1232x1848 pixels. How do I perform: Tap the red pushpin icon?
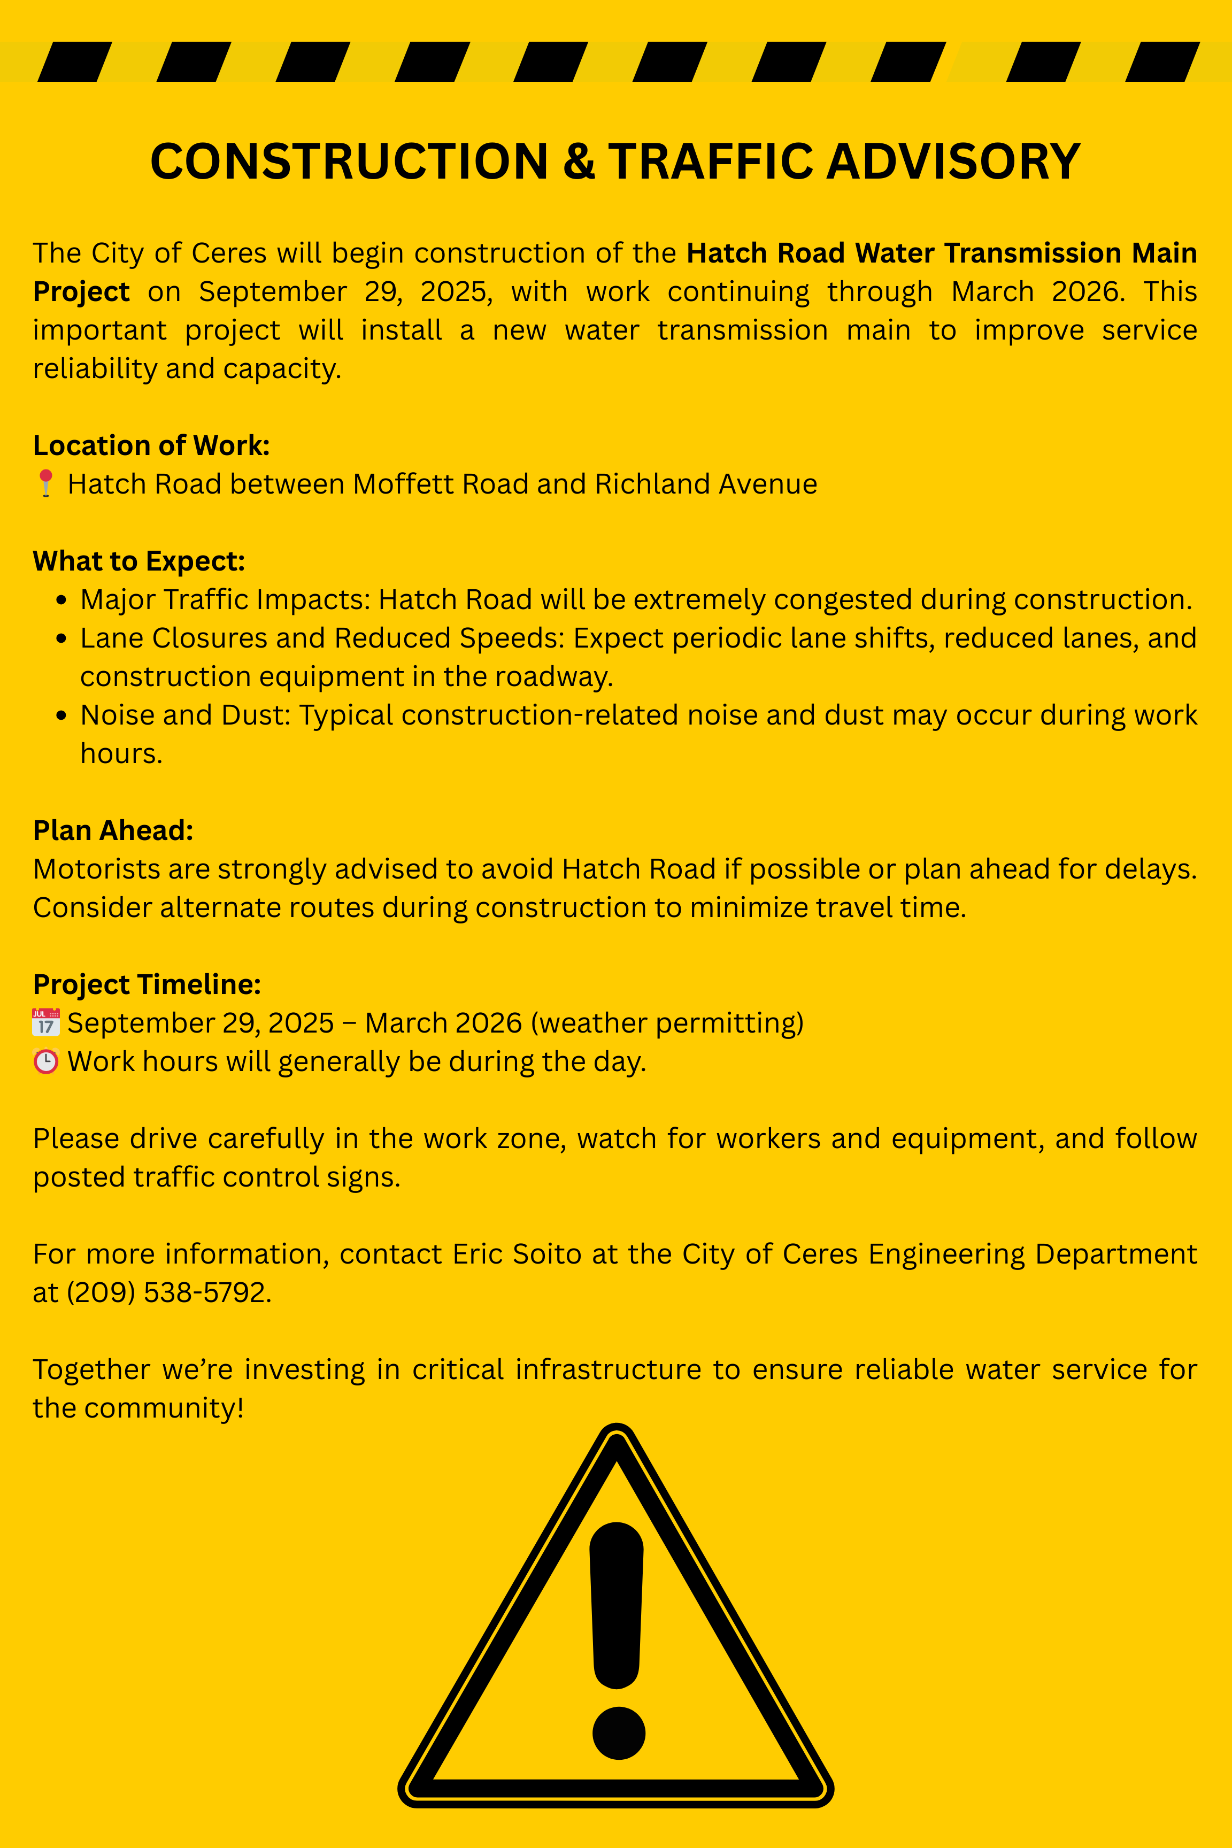(45, 483)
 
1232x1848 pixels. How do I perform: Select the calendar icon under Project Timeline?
(45, 1022)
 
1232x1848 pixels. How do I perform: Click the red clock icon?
(45, 1061)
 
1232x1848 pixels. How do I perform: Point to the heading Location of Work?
(151, 445)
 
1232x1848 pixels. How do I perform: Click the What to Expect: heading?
(139, 561)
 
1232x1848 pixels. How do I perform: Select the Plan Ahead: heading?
(113, 830)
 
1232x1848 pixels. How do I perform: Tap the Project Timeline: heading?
(147, 984)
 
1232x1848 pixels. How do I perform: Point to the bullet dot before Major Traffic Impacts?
(61, 601)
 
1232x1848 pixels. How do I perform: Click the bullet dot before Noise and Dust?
(61, 717)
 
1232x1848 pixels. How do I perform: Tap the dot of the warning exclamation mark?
(618, 1732)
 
